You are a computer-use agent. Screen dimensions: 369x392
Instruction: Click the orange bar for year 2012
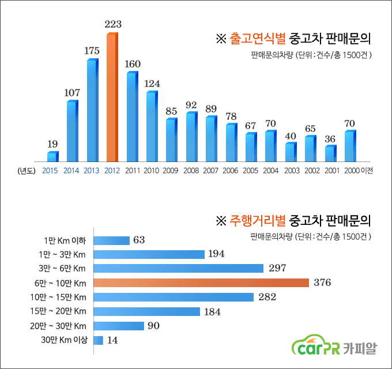pos(112,98)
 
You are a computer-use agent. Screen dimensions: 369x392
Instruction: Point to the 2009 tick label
pos(171,171)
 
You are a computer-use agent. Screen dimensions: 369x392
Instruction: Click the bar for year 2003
pos(291,152)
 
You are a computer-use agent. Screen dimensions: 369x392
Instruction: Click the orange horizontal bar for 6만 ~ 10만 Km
pos(201,283)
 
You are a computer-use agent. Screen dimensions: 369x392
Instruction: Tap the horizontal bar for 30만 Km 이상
pos(98,340)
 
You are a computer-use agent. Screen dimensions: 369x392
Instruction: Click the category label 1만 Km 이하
pos(65,240)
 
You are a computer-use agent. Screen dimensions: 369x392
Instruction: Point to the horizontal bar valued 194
pos(149,254)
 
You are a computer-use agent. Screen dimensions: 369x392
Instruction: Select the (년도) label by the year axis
pos(27,171)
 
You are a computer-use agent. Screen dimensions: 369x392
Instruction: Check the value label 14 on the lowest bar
pos(112,340)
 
